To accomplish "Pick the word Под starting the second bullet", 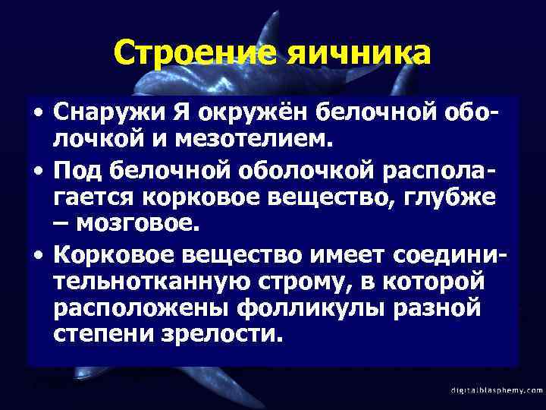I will [x=77, y=172].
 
